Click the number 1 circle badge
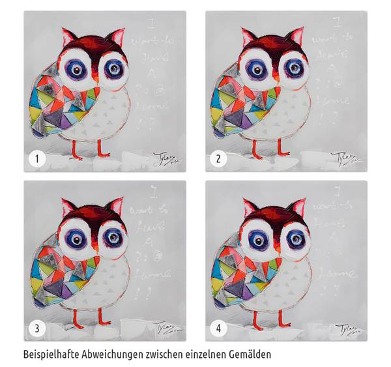(x=37, y=158)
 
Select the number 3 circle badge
(x=37, y=327)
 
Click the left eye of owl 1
(x=76, y=68)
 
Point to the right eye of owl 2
(x=295, y=67)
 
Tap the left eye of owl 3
(x=76, y=237)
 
